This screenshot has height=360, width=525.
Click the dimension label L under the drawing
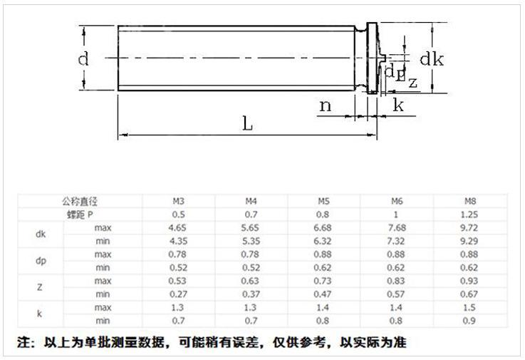tap(247, 123)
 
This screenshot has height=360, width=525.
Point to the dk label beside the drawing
tap(431, 59)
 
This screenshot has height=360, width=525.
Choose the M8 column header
tap(469, 201)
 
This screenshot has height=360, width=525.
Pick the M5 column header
tap(325, 201)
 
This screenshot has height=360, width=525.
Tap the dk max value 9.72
tap(469, 227)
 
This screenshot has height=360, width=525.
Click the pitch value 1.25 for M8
tap(469, 214)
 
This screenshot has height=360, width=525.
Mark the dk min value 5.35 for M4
tap(251, 241)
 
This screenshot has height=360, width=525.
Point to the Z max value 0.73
tap(325, 280)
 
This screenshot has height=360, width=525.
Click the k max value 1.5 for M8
tap(469, 307)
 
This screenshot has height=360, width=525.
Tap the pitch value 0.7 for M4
tap(251, 214)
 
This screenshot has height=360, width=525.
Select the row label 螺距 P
tap(80, 214)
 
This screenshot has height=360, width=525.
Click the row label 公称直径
tap(80, 201)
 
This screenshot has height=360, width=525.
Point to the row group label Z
tap(40, 287)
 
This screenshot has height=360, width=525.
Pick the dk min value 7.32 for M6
tap(397, 241)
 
